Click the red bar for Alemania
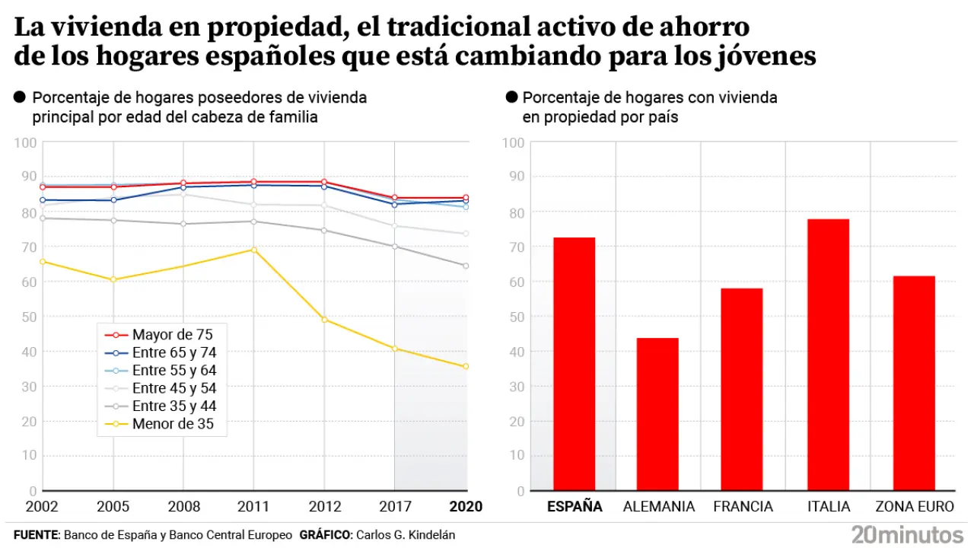pyautogui.click(x=657, y=414)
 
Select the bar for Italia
pyautogui.click(x=828, y=355)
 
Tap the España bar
pyautogui.click(x=575, y=364)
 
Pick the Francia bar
pyautogui.click(x=742, y=389)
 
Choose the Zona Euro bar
pyautogui.click(x=914, y=383)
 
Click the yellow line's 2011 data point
pyautogui.click(x=253, y=250)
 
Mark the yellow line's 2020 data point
pyautogui.click(x=466, y=367)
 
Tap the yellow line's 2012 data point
pyautogui.click(x=324, y=320)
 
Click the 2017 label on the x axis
pyautogui.click(x=394, y=507)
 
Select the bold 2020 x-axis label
pyautogui.click(x=466, y=507)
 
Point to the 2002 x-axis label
pyautogui.click(x=42, y=507)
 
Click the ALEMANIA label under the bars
pyautogui.click(x=658, y=507)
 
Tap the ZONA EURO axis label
pyautogui.click(x=914, y=507)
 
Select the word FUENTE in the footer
pyautogui.click(x=36, y=535)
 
